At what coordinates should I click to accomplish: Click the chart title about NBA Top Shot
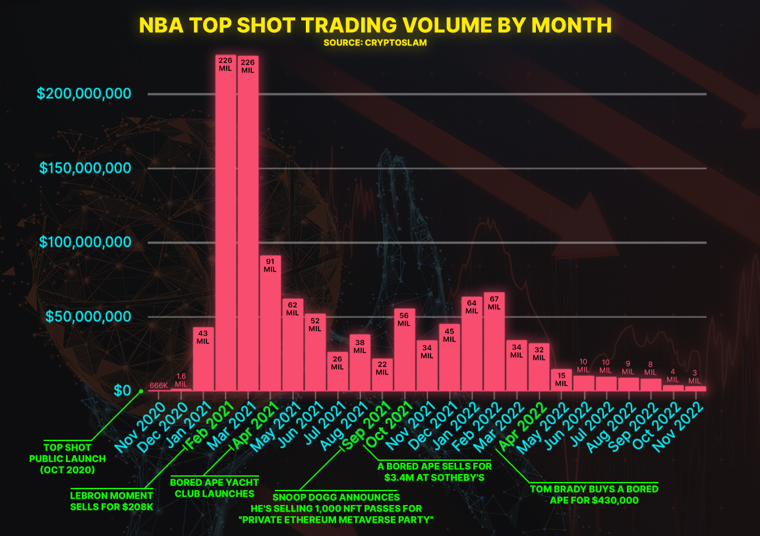tap(375, 25)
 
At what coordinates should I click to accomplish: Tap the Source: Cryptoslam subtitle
tap(375, 43)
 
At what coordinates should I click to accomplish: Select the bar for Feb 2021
tap(225, 224)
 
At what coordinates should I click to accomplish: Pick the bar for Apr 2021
tap(270, 323)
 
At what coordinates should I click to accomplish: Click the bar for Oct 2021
tap(405, 349)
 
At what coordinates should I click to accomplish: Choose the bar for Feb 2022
tap(494, 343)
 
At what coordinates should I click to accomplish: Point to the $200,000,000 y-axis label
tap(84, 93)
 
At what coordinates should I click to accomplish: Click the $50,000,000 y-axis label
tap(84, 316)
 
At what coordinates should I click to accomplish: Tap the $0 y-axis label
tap(123, 390)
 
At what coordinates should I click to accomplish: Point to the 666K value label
tap(158, 386)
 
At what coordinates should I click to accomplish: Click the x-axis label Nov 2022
tap(681, 427)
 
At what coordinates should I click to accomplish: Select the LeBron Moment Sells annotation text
tap(111, 500)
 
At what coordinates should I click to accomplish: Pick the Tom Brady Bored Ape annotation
tap(595, 494)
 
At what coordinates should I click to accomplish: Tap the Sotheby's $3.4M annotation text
tap(435, 471)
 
